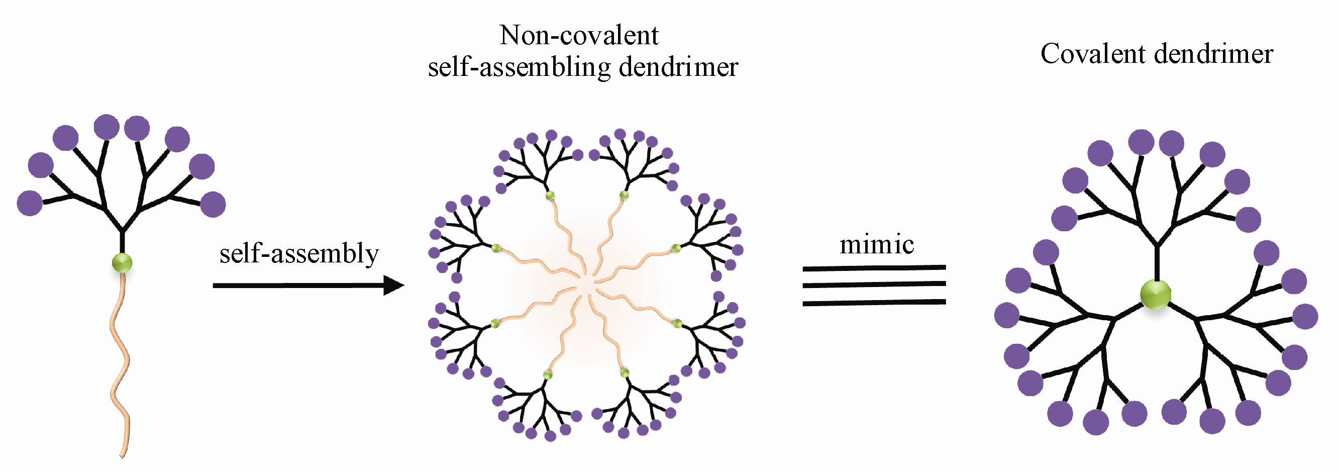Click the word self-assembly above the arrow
[x=299, y=254]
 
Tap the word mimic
[x=876, y=244]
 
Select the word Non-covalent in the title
[x=578, y=35]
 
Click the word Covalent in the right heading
[x=1085, y=54]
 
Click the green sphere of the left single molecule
[x=122, y=263]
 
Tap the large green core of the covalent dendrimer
[x=1155, y=295]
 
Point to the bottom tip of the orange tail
[x=122, y=456]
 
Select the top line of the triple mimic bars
[x=874, y=268]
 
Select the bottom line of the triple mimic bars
[x=874, y=302]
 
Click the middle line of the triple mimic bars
[x=874, y=285]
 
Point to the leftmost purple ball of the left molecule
[x=30, y=203]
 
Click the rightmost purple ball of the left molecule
[x=213, y=204]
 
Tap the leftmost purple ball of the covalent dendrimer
[x=1007, y=315]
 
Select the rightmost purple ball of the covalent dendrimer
[x=1305, y=317]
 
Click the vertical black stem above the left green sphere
[x=122, y=242]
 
